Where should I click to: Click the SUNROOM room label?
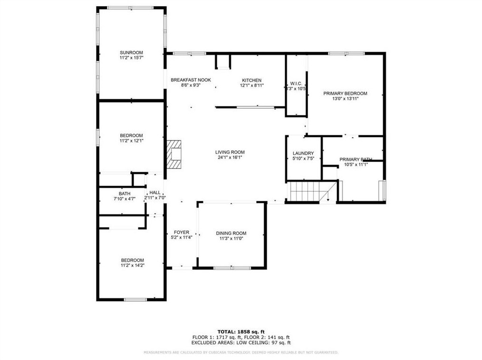click(131, 52)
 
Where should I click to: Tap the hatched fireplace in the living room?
click(174, 154)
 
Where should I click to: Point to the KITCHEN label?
click(251, 80)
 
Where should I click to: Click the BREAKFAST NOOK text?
click(191, 80)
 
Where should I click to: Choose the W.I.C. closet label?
click(296, 83)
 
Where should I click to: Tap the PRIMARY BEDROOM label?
click(345, 94)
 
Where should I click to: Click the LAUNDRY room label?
click(303, 153)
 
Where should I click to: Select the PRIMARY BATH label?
click(355, 160)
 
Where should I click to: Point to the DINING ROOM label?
click(231, 233)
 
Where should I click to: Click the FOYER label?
click(182, 232)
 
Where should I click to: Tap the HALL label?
click(155, 192)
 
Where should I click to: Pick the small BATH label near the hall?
click(125, 194)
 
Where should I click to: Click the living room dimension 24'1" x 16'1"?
click(231, 158)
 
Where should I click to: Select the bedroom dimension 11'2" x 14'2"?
click(132, 265)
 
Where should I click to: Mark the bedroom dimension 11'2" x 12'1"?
click(132, 141)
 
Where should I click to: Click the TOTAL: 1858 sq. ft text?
click(241, 331)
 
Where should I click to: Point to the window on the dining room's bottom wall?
click(232, 268)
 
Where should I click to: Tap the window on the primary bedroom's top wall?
click(346, 53)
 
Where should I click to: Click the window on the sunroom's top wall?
click(130, 8)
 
